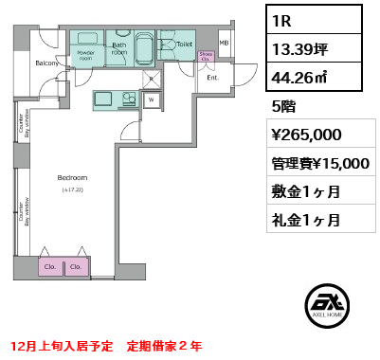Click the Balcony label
click(x=48, y=63)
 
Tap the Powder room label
click(x=86, y=54)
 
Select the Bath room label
click(x=119, y=48)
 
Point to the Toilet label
click(x=184, y=44)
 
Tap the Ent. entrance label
click(x=213, y=78)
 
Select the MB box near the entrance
click(x=225, y=44)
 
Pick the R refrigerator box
click(x=151, y=79)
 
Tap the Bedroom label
click(x=72, y=178)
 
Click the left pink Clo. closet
click(x=49, y=267)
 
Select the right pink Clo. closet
click(x=76, y=267)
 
